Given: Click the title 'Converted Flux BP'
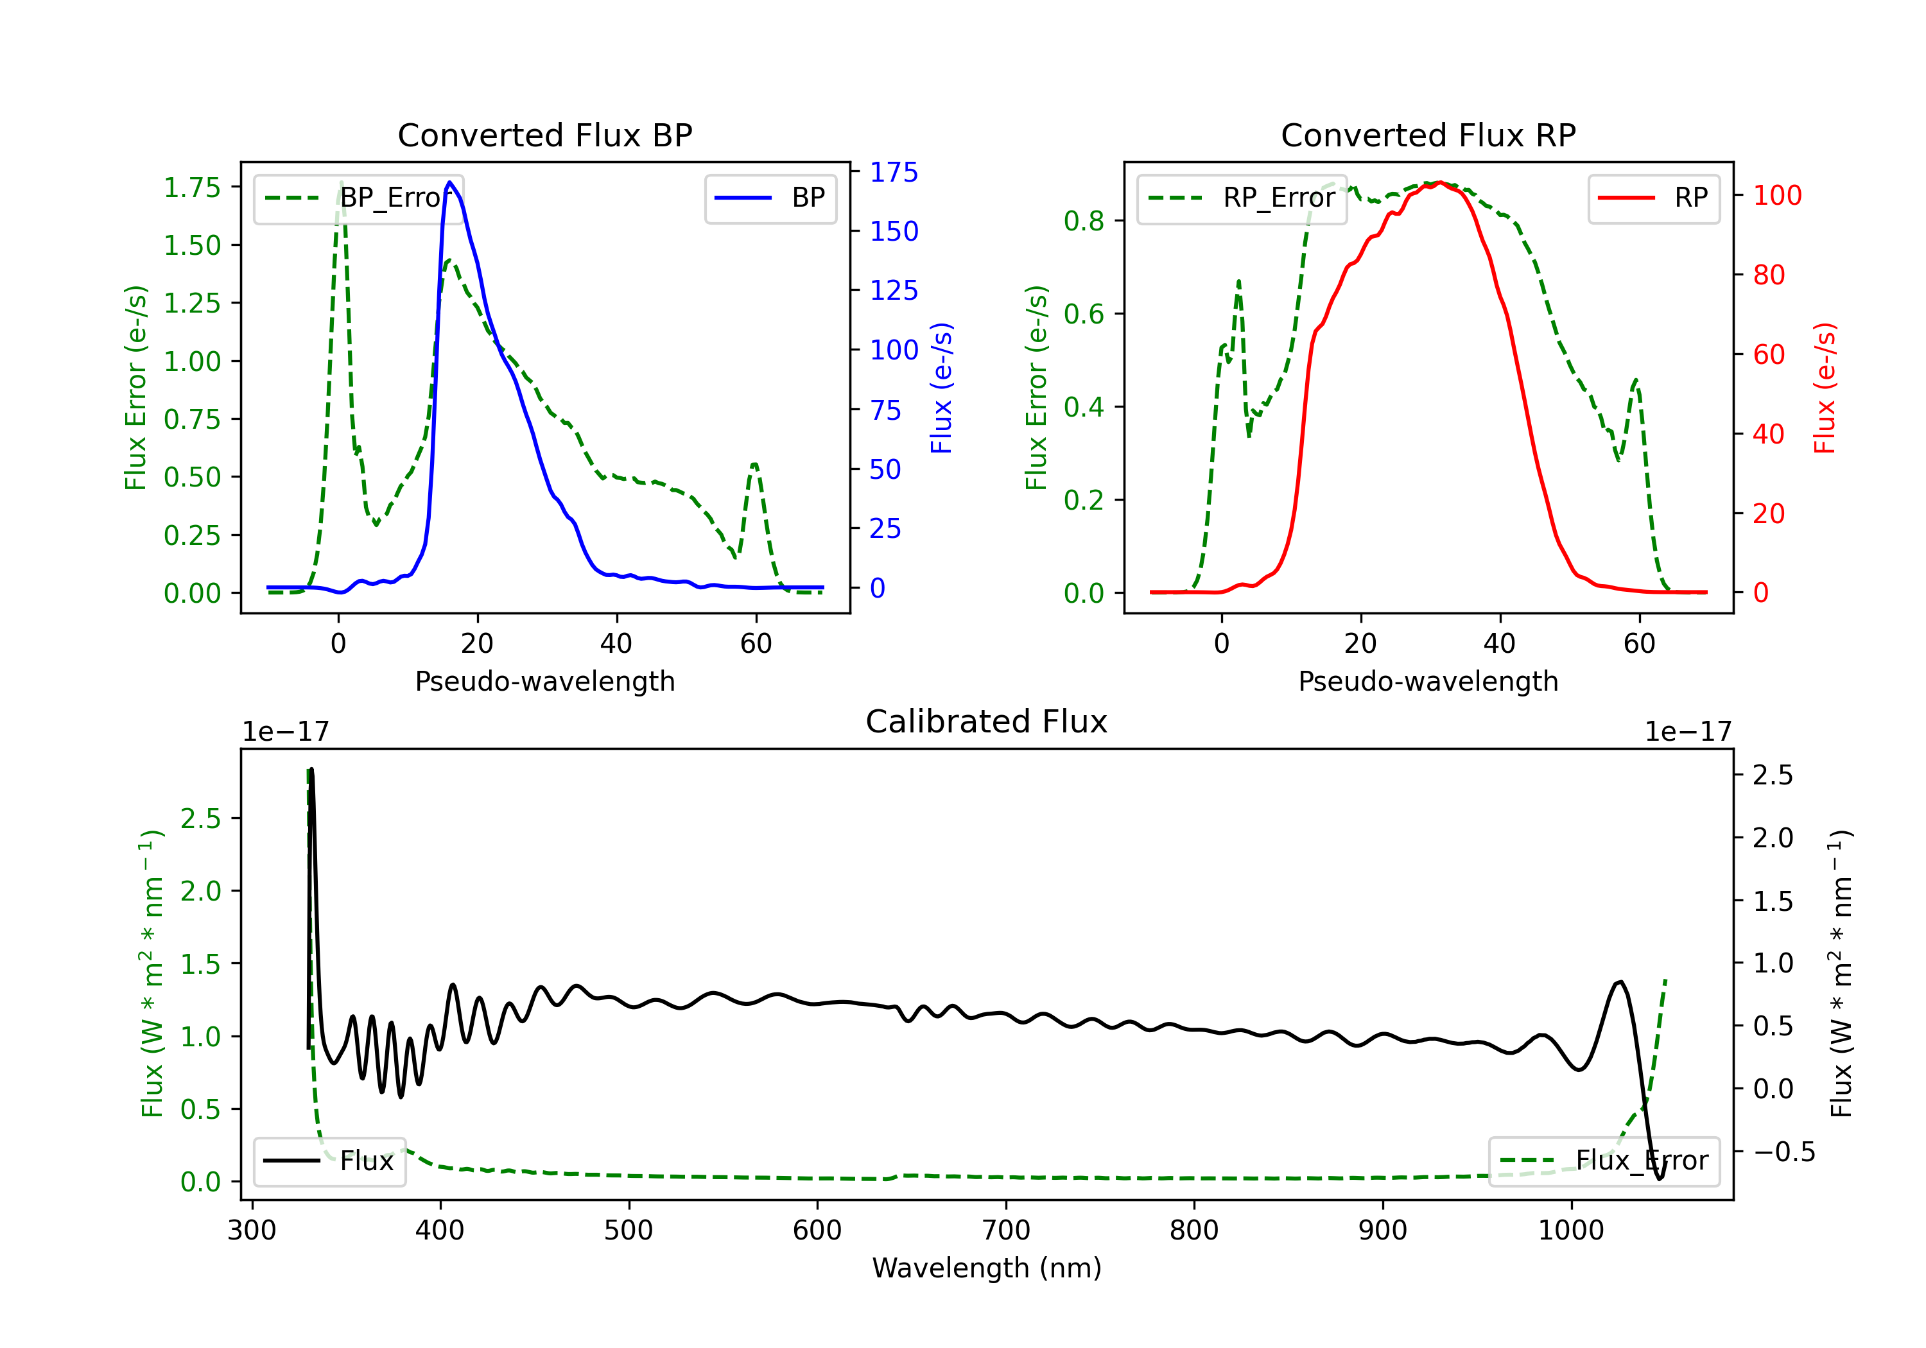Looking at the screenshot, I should coord(544,135).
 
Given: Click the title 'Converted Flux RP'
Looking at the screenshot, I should coord(1428,135).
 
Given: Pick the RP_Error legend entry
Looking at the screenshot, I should coord(1242,198).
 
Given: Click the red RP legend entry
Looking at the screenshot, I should coord(1653,198).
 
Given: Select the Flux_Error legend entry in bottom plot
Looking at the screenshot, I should coord(1604,1161).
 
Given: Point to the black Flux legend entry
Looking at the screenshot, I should coord(330,1161).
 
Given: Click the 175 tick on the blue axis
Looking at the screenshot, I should coord(894,172).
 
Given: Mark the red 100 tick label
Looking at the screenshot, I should coord(1776,195).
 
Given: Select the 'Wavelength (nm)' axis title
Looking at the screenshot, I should coord(987,1268).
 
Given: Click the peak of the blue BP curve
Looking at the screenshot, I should coord(449,182).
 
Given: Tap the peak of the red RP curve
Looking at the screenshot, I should coord(1439,182).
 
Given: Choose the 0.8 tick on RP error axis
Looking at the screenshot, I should coord(1083,221).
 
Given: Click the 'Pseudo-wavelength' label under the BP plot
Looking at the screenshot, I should coord(544,681).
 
